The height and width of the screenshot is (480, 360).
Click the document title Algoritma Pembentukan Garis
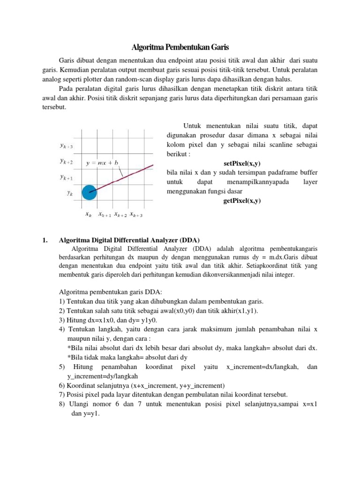tap(180, 48)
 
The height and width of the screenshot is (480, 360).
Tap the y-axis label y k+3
tap(66, 146)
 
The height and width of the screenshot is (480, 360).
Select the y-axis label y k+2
tap(66, 161)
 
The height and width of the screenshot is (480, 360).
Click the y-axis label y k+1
tap(66, 177)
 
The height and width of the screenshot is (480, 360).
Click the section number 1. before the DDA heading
tap(45, 240)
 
